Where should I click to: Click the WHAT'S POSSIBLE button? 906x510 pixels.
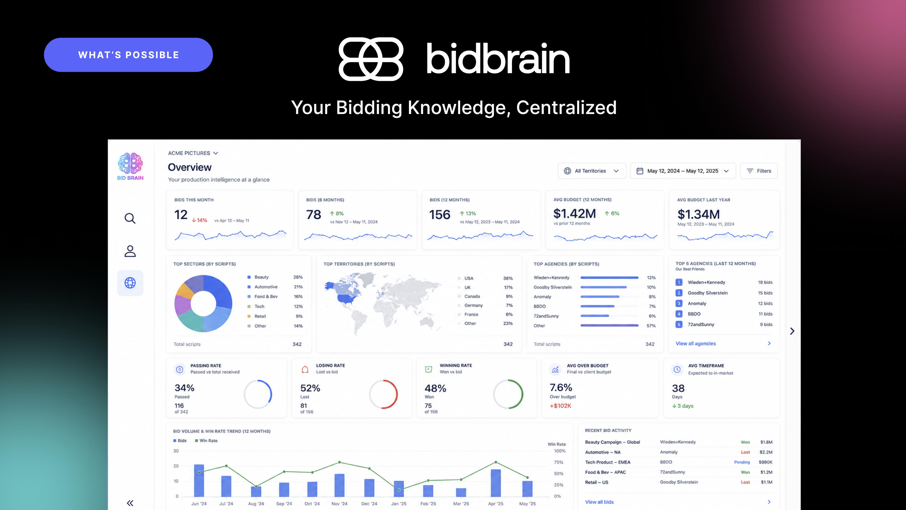point(128,55)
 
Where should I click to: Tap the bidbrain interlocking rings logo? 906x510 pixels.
point(371,59)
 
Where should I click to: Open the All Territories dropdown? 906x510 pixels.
point(592,171)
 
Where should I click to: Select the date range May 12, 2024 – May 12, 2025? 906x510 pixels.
point(683,171)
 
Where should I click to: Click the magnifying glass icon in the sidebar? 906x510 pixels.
point(130,218)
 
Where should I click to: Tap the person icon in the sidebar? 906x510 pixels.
point(130,251)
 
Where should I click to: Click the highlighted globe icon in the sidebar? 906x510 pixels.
point(130,283)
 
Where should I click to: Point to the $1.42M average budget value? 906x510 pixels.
point(574,214)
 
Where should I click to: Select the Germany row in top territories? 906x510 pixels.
point(485,305)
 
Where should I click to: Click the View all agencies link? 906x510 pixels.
point(696,344)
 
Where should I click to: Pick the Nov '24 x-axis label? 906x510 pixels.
point(339,504)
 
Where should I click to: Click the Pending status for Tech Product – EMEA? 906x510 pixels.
point(742,462)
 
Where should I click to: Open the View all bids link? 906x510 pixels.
point(599,502)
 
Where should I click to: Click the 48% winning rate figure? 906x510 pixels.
point(435,388)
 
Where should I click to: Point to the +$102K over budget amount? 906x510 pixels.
point(560,406)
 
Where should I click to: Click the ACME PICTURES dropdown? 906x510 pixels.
point(193,153)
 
